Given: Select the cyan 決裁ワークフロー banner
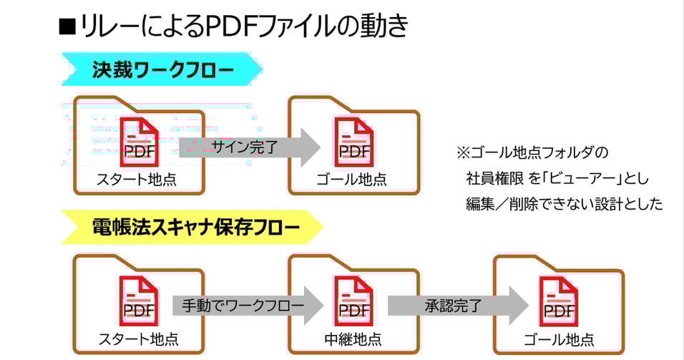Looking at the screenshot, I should [162, 70].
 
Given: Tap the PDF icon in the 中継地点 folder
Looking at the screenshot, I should [353, 301].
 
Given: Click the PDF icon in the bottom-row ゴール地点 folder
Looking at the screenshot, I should [559, 301].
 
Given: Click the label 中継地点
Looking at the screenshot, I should [352, 338].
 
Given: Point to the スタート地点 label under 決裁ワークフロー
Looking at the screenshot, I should [137, 180].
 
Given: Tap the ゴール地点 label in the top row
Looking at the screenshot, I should [352, 180].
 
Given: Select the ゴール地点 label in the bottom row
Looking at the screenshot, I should [558, 339].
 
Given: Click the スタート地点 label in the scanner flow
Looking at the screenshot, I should [137, 338].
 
